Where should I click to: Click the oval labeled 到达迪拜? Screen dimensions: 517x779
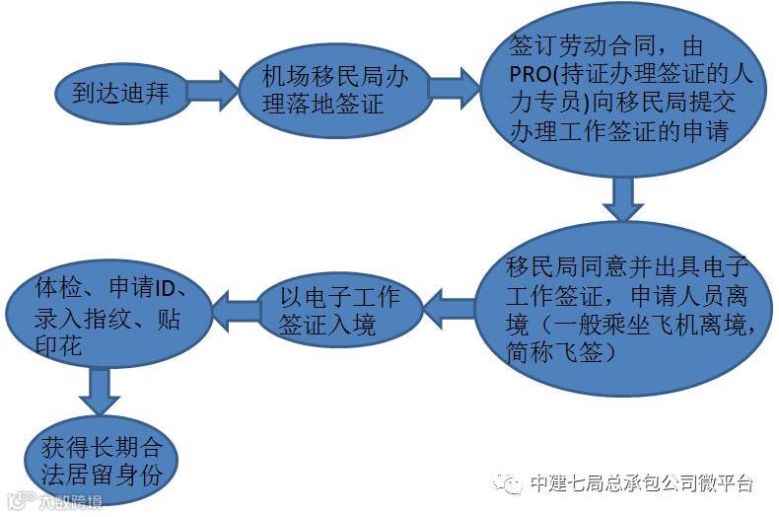(121, 94)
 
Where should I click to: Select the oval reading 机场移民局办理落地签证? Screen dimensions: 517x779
(325, 91)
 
